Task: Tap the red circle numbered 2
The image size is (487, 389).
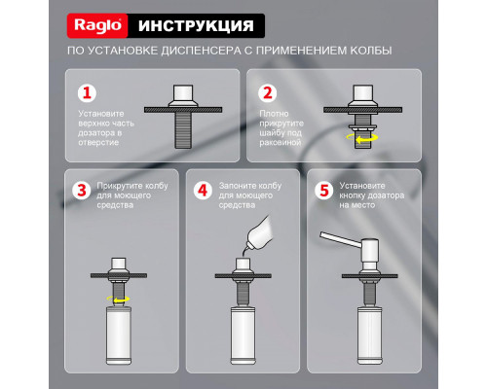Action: click(265, 94)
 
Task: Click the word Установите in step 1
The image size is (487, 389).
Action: click(100, 113)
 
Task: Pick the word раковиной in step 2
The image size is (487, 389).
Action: click(279, 142)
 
